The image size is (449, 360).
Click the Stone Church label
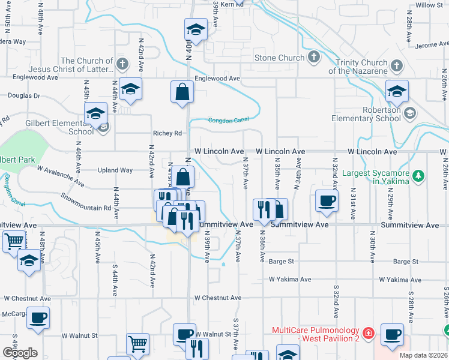pyautogui.click(x=280, y=58)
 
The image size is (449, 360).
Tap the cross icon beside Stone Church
pyautogui.click(x=313, y=58)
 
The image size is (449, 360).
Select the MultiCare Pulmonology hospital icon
pyautogui.click(x=369, y=332)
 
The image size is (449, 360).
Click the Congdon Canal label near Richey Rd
pyautogui.click(x=228, y=120)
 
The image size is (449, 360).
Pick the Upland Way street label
pyautogui.click(x=118, y=170)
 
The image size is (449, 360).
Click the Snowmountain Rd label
pyautogui.click(x=87, y=202)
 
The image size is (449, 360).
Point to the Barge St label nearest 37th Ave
pyautogui.click(x=281, y=262)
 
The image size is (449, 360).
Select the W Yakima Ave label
pyautogui.click(x=290, y=280)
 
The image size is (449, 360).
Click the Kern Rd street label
pyautogui.click(x=232, y=4)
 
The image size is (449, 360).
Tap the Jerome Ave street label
pyautogui.click(x=431, y=45)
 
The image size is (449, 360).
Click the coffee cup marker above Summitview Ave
pyautogui.click(x=327, y=201)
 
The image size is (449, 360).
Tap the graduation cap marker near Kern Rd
pyautogui.click(x=195, y=29)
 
